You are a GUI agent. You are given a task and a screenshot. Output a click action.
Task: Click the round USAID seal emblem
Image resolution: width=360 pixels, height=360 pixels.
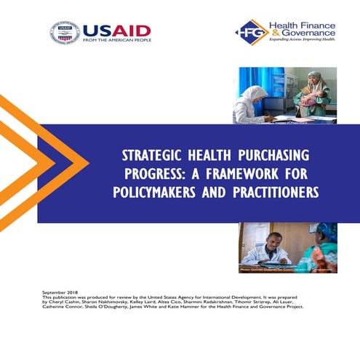[x=64, y=33]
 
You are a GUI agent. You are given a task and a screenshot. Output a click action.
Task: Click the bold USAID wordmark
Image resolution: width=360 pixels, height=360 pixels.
[x=116, y=30]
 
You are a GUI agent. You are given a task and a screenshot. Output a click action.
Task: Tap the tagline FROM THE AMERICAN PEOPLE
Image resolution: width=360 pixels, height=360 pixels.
[x=116, y=41]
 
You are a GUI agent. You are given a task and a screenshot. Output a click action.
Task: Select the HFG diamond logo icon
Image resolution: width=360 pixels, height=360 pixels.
[x=250, y=32]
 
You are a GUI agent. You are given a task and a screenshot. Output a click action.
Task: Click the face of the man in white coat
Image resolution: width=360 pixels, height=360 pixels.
[x=265, y=237]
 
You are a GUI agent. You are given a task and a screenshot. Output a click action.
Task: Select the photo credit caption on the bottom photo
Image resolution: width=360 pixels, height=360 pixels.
[x=287, y=269]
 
